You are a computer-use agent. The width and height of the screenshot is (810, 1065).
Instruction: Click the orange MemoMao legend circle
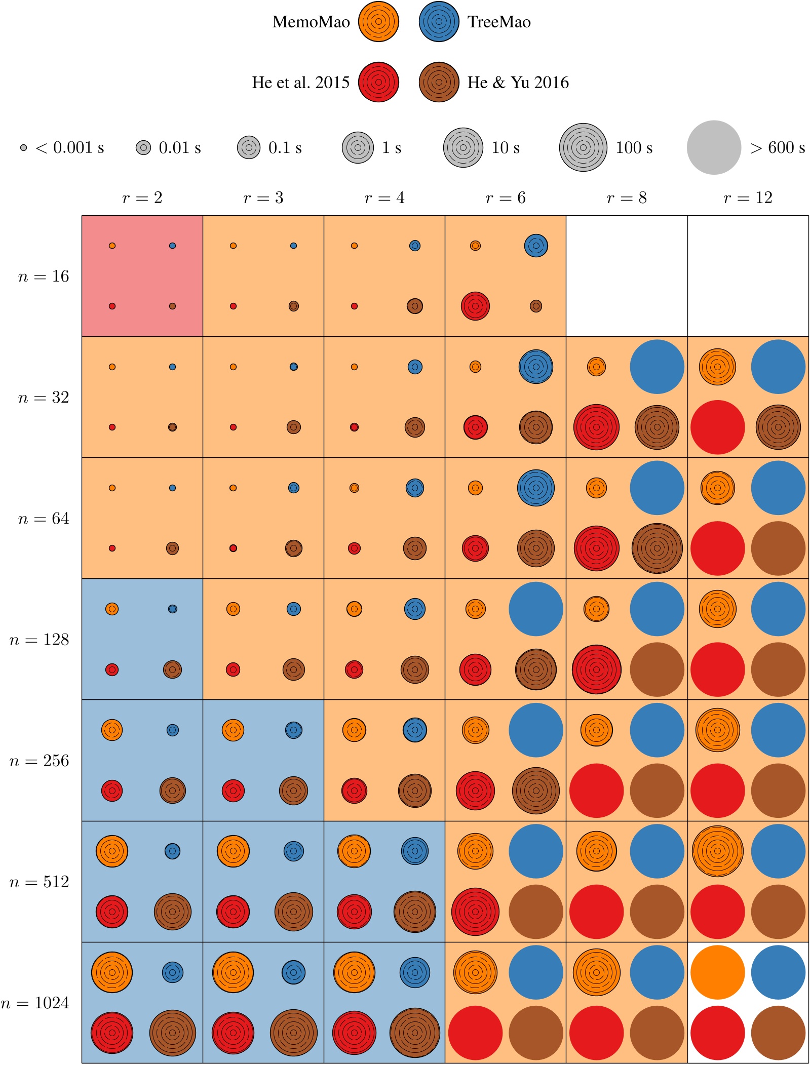[x=378, y=22]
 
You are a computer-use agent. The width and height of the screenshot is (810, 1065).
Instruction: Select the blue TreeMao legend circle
[x=439, y=22]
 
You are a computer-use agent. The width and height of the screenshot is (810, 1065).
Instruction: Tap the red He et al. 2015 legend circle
[x=378, y=82]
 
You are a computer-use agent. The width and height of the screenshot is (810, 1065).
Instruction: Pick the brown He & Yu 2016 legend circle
[x=439, y=82]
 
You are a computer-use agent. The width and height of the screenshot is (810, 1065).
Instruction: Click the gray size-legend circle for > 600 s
[x=714, y=147]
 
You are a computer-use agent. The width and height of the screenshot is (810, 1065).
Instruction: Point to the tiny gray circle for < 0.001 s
[x=23, y=148]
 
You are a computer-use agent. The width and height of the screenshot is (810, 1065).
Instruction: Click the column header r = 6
[x=505, y=198]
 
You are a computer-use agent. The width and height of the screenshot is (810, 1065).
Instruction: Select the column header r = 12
[x=748, y=198]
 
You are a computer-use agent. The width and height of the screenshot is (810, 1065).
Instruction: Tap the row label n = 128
[x=39, y=640]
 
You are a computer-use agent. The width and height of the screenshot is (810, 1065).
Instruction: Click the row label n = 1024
[x=35, y=1003]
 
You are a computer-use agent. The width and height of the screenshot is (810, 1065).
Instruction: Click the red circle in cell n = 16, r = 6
[x=475, y=306]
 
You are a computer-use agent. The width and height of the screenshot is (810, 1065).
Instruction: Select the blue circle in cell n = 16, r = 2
[x=172, y=246]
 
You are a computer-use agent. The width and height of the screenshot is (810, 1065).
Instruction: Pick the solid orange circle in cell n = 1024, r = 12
[x=717, y=972]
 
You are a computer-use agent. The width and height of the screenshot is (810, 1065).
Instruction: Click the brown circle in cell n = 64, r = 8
[x=657, y=548]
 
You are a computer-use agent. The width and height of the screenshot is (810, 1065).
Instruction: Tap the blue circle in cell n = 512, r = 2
[x=172, y=851]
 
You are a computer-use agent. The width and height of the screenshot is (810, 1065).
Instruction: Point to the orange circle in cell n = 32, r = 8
[x=596, y=367]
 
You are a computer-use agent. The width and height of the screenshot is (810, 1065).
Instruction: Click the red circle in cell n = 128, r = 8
[x=596, y=669]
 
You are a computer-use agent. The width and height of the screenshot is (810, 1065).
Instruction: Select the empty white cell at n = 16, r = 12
[x=748, y=276]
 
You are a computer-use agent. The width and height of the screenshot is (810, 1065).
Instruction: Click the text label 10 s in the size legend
[x=505, y=148]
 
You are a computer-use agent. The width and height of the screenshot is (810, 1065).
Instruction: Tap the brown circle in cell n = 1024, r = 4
[x=414, y=1033]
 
